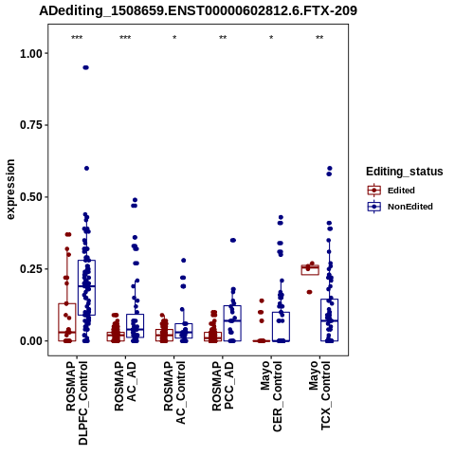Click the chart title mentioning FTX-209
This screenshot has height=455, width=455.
pyautogui.click(x=198, y=10)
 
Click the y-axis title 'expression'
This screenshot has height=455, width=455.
pyautogui.click(x=10, y=190)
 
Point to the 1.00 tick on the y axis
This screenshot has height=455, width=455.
pyautogui.click(x=31, y=54)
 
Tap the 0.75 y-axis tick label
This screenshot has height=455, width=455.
pyautogui.click(x=31, y=125)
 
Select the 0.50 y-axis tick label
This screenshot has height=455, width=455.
pyautogui.click(x=31, y=197)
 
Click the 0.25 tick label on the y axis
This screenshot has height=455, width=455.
pyautogui.click(x=31, y=269)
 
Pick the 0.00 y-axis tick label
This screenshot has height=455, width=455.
pyautogui.click(x=31, y=341)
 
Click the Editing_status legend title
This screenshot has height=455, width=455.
pyautogui.click(x=405, y=172)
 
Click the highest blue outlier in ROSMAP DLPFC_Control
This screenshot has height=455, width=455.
pyautogui.click(x=85, y=67)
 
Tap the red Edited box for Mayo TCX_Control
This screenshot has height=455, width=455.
pyautogui.click(x=310, y=270)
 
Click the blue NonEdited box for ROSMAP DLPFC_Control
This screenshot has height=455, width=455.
pyautogui.click(x=86, y=287)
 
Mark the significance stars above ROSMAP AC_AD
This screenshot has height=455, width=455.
pyautogui.click(x=125, y=38)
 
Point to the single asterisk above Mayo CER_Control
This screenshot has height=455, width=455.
pyautogui.click(x=271, y=38)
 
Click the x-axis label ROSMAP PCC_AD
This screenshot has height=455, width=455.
pyautogui.click(x=223, y=386)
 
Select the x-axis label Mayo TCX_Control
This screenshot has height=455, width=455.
pyautogui.click(x=319, y=395)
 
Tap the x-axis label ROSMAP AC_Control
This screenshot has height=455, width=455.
pyautogui.click(x=174, y=392)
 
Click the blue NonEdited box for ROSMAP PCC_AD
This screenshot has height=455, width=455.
pyautogui.click(x=232, y=323)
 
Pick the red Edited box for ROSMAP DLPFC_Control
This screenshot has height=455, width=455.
pyautogui.click(x=67, y=322)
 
